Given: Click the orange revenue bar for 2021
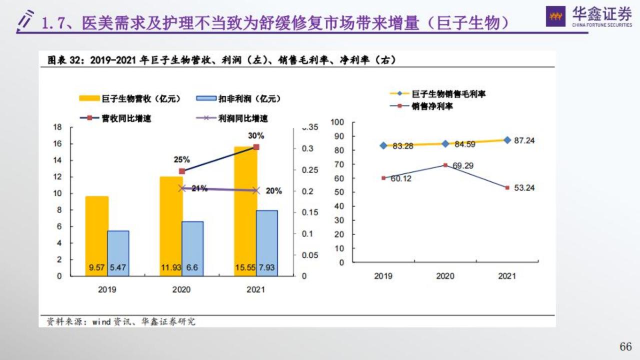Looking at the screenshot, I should (245, 210).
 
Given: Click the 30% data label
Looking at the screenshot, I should (255, 135).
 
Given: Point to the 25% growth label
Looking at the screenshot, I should (181, 159).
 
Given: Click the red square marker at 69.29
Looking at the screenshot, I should (445, 165).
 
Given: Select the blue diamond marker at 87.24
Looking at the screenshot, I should (507, 140).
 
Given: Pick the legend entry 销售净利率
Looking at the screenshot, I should (432, 106).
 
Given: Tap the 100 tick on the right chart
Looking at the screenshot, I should (338, 122).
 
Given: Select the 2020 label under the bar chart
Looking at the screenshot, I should (181, 289).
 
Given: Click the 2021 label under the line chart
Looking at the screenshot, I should (507, 276).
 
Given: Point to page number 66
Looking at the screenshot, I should (625, 346).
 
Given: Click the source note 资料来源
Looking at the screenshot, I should (60, 321).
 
